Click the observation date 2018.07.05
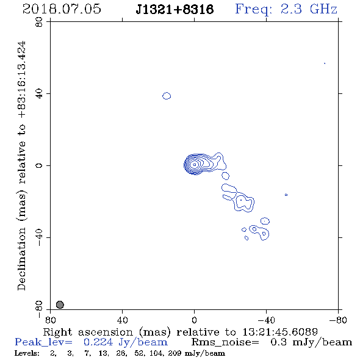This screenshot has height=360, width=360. coord(62,9)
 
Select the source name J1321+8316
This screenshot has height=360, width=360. coord(175,10)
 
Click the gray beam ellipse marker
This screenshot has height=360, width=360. coord(60,304)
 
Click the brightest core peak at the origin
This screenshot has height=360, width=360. coord(195,165)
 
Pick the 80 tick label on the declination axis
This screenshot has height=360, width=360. coord(39,22)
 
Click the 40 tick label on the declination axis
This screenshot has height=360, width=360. coord(39,94)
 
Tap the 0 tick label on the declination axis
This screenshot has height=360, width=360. coord(39,165)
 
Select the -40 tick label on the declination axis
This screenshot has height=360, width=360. coord(39,237)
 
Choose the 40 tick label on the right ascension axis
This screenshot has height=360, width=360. coord(122,320)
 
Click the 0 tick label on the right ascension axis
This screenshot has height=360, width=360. coord(194,320)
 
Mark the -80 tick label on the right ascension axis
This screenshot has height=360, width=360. coord(338,320)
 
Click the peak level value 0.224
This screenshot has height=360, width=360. coord(98,342)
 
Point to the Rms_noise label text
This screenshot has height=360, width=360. coord(225,342)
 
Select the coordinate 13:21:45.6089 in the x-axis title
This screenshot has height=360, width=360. coord(280,332)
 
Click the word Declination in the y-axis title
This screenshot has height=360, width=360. coord(21,259)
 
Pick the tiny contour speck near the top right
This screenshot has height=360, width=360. coord(325,63)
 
